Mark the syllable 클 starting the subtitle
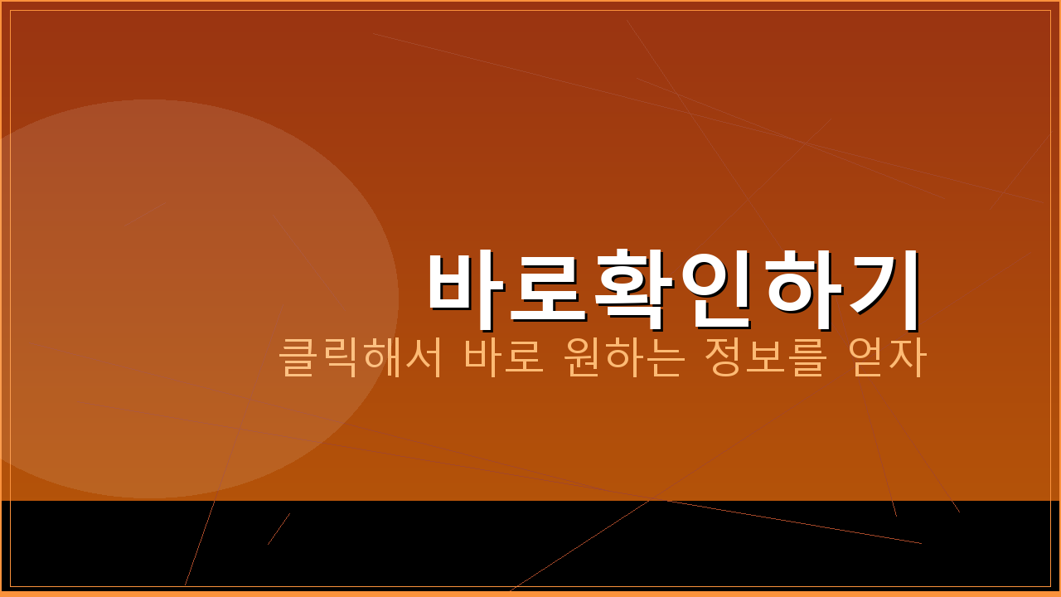point(298,357)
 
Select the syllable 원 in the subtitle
point(580,357)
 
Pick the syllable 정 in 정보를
point(722,357)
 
